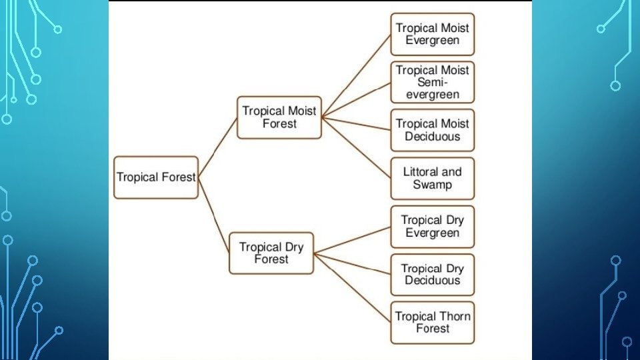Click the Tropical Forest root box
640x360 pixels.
[156, 177]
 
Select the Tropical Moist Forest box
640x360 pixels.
[279, 117]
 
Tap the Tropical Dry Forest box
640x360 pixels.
[271, 253]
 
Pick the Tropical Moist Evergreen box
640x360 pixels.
[432, 34]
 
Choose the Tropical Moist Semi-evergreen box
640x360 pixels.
[432, 82]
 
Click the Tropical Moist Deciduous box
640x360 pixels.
[432, 130]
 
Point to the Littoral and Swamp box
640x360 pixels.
[432, 178]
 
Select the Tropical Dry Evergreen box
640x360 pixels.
[432, 227]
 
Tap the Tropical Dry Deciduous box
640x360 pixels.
[432, 274]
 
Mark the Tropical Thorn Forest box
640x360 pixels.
[432, 323]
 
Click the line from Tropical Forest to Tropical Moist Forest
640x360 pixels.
[218, 148]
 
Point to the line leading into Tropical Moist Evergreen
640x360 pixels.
[356, 76]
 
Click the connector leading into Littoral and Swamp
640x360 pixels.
[356, 148]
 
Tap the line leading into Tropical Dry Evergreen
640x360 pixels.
[352, 240]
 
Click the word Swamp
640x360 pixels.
[432, 185]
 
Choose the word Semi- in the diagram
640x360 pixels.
[432, 82]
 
